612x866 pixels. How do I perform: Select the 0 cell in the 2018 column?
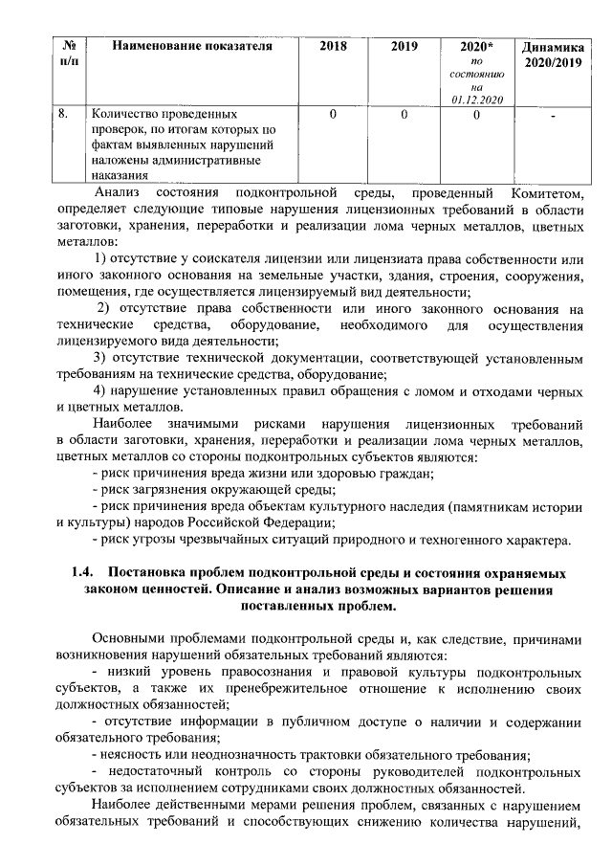click(333, 115)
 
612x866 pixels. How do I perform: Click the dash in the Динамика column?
click(553, 117)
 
